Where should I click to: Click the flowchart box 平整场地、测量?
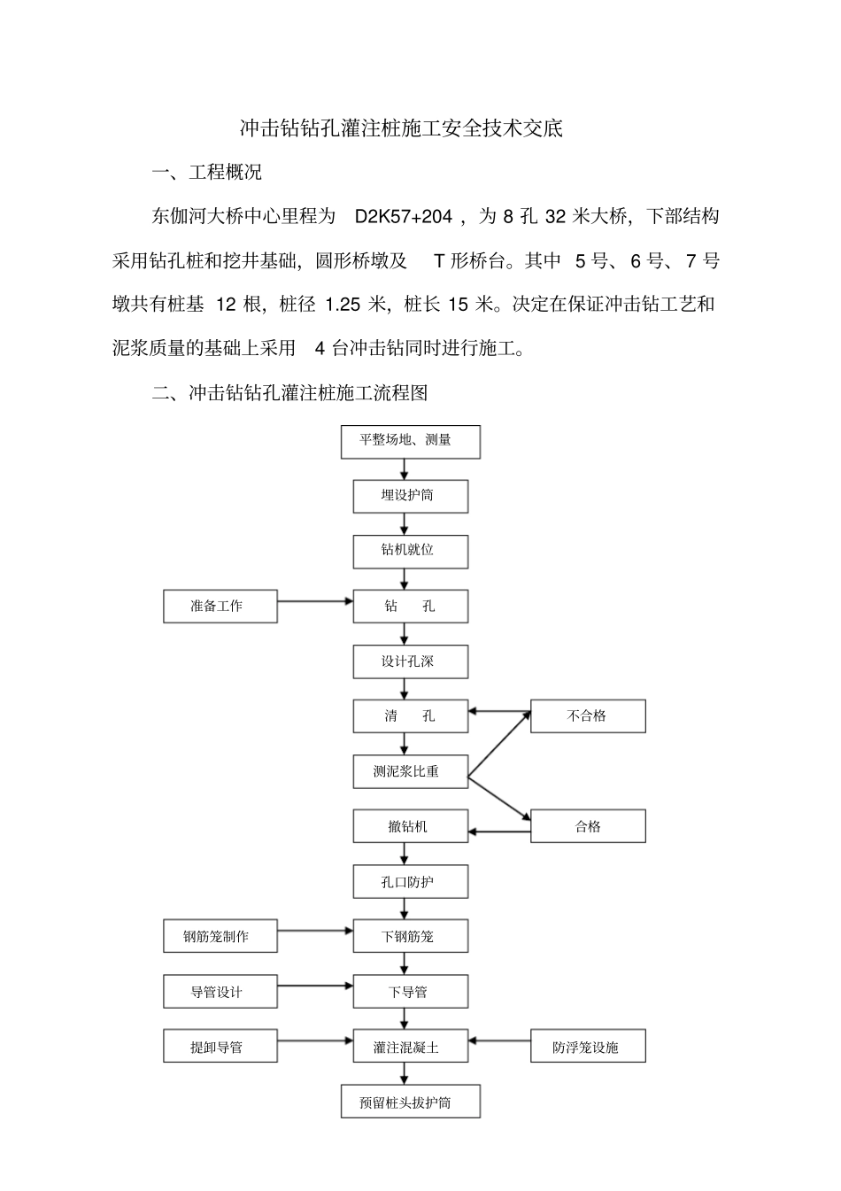410,441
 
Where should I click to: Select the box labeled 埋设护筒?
410,496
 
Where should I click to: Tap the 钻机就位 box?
410,551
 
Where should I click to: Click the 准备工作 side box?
220,607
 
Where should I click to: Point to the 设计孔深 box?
410,661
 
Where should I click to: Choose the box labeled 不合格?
588,716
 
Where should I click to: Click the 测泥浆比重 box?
410,771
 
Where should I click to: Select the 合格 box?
588,826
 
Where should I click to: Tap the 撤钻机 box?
410,826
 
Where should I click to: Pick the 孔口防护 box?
410,882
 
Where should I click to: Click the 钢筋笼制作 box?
220,937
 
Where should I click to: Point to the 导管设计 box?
220,992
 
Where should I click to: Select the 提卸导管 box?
220,1047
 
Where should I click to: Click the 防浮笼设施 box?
588,1047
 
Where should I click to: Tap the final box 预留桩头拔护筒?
410,1102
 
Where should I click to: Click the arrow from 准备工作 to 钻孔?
315,602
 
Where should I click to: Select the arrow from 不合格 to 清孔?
499,710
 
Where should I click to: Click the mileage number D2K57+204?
404,217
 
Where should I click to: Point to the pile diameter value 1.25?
343,305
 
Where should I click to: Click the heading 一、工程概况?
207,173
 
